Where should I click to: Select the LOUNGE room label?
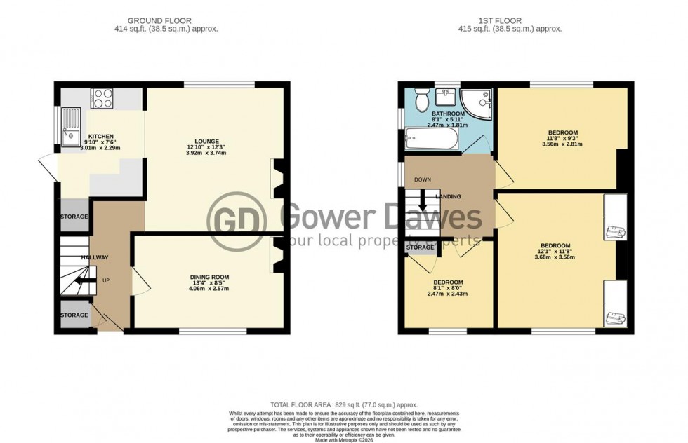point(208,140)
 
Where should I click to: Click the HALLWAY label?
point(94,258)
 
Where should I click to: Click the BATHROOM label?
point(448,114)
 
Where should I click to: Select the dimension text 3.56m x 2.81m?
point(563,144)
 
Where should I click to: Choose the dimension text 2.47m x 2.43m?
point(448,293)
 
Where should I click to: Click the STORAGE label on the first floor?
point(421,247)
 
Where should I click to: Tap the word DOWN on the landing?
point(423,179)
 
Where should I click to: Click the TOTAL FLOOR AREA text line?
point(344,404)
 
